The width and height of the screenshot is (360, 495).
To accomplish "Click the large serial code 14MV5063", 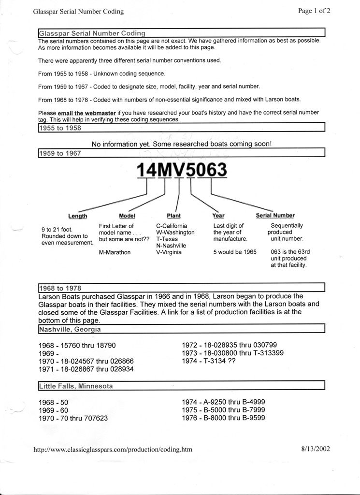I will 182,170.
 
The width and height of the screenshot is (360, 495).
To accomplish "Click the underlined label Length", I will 78,216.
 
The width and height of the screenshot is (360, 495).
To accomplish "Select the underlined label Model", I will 127,216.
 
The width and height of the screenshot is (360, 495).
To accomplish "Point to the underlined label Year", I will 218,216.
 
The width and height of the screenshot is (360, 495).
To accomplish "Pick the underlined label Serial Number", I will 275,216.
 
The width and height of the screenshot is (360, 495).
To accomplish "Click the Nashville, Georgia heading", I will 70,329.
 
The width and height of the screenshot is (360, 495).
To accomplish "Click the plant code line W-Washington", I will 175,233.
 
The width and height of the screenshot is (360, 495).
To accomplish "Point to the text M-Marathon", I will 115,252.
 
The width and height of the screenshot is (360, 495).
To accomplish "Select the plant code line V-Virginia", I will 169,252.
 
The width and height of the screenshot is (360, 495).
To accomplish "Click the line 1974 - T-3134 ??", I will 208,361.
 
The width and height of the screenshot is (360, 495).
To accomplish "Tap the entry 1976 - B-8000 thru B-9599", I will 223,418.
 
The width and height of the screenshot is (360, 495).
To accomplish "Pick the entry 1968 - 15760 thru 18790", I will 77,346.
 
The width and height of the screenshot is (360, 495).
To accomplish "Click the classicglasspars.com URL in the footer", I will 113,449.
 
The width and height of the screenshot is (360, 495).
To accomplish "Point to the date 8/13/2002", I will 315,449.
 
